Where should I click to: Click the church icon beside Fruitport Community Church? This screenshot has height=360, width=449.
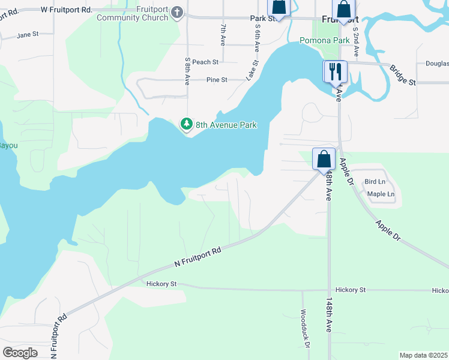point(177,13)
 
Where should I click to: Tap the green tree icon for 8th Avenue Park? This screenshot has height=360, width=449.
point(186,124)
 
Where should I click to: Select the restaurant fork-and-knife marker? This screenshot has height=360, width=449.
point(334,71)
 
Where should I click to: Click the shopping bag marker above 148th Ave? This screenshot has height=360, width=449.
point(324,160)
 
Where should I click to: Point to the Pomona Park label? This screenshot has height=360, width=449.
point(325,40)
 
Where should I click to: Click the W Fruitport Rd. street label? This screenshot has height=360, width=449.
point(66,10)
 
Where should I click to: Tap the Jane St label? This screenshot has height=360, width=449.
point(28,35)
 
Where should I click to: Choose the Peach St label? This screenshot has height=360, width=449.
point(205,62)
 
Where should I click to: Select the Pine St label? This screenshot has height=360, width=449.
point(217,79)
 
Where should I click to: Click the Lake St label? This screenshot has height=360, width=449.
point(252,70)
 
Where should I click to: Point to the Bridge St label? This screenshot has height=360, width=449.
point(403,75)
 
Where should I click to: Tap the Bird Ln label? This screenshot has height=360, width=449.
point(375,182)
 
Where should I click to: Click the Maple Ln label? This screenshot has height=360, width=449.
point(381,194)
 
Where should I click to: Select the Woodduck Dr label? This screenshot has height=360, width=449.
point(305,329)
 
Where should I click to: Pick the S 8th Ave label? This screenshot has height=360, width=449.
point(188,71)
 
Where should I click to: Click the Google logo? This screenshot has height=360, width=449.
point(20,353)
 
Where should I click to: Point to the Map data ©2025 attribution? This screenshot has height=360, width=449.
point(423,355)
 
